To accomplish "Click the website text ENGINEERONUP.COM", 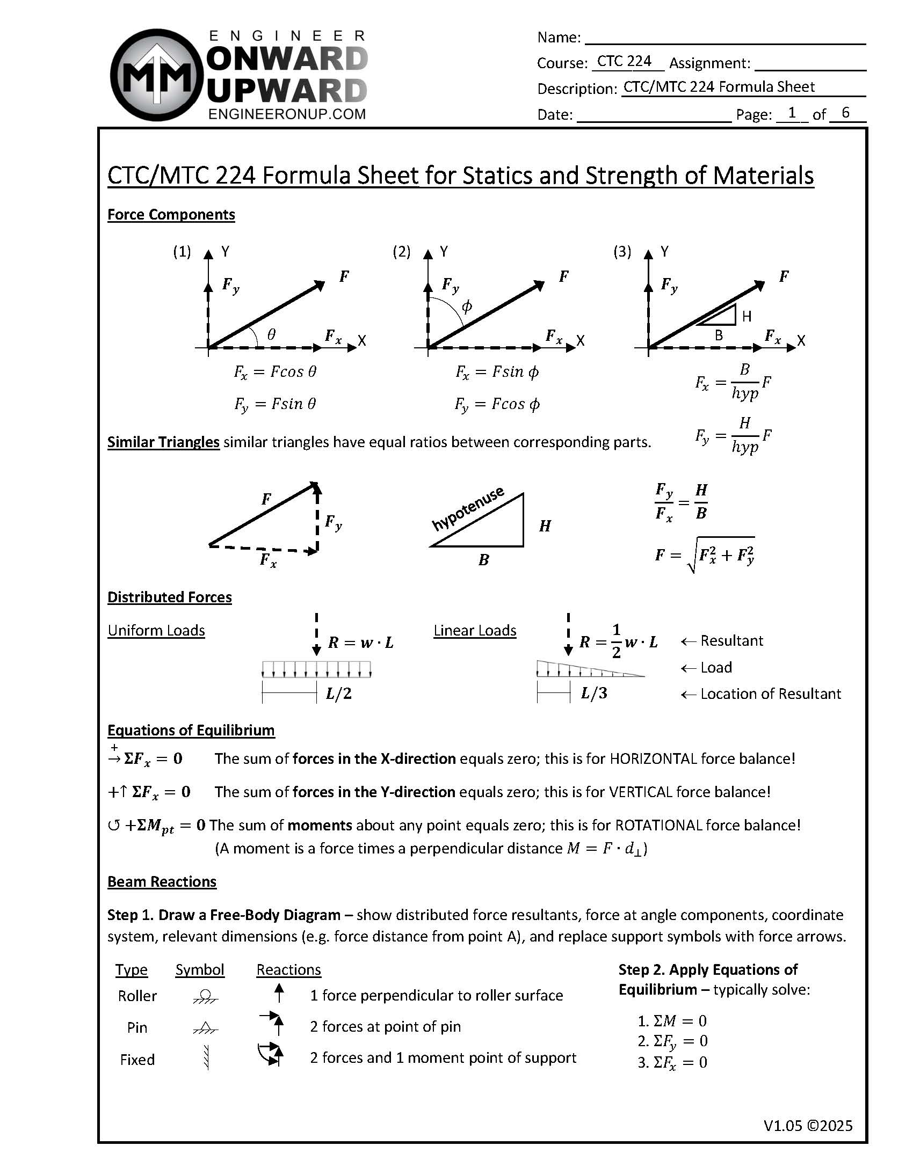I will pyautogui.click(x=286, y=114).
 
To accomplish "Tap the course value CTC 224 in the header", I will pyautogui.click(x=624, y=61).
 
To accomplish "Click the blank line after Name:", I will pyautogui.click(x=724, y=38).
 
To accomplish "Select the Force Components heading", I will pyautogui.click(x=171, y=215).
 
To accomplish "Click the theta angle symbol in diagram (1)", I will pyautogui.click(x=271, y=334).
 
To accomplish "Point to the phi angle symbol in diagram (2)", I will pyautogui.click(x=467, y=306).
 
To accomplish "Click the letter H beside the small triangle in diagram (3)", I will pyautogui.click(x=746, y=316).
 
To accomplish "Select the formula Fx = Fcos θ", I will pyautogui.click(x=275, y=373).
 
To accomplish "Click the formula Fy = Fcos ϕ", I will pyautogui.click(x=497, y=404).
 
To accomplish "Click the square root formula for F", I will pyautogui.click(x=705, y=554).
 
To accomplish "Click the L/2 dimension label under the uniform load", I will pyautogui.click(x=338, y=694).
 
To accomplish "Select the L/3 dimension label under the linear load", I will pyautogui.click(x=594, y=693).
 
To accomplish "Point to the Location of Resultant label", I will pyautogui.click(x=770, y=694).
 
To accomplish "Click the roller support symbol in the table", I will pyautogui.click(x=205, y=996).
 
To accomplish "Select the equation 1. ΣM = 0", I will pyautogui.click(x=672, y=1020).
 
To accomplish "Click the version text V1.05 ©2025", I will pyautogui.click(x=808, y=1126).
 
